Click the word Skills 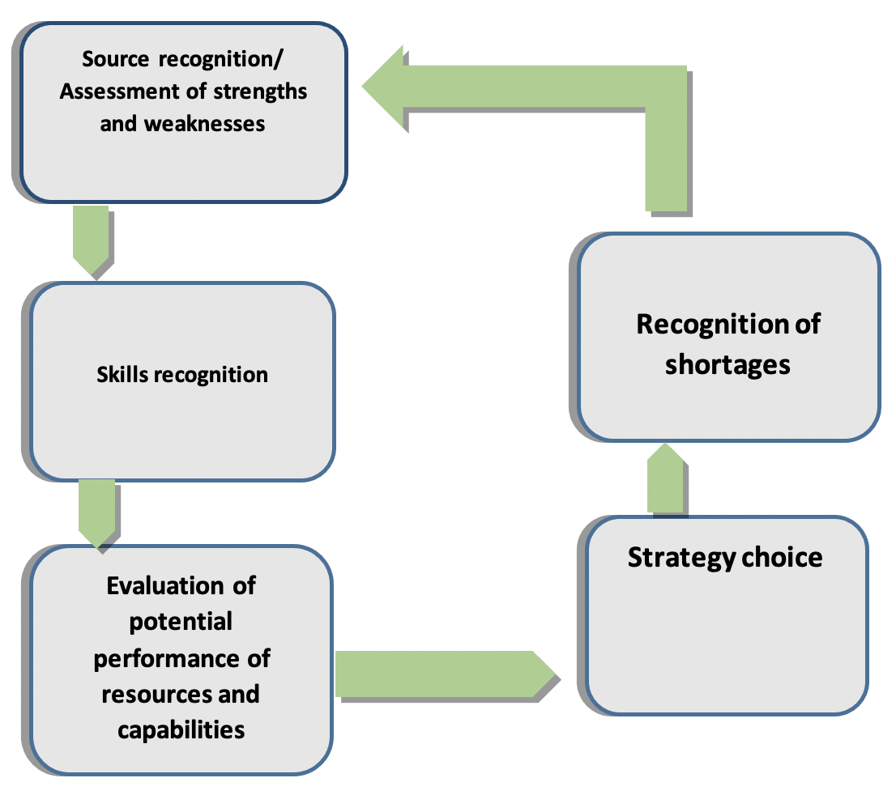point(122,375)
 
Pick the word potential point(181,622)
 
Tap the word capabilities point(181,729)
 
